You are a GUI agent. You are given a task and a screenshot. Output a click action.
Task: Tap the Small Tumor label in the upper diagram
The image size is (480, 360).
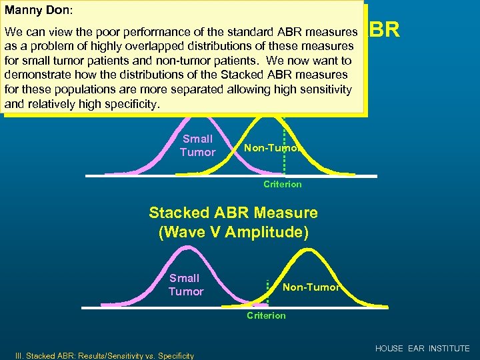click(x=197, y=145)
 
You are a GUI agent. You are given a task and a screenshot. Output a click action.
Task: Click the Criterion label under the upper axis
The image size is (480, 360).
click(x=283, y=184)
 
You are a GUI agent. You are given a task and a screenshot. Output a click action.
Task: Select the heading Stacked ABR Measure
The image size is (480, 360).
click(x=233, y=213)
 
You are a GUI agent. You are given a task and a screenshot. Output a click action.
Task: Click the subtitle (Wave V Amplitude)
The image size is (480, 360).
click(x=233, y=233)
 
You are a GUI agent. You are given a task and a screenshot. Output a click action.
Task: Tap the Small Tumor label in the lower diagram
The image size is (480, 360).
click(x=185, y=285)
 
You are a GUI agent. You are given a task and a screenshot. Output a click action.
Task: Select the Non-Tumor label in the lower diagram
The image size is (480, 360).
click(x=311, y=287)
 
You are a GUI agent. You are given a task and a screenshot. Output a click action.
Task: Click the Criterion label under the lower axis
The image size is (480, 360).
click(x=266, y=315)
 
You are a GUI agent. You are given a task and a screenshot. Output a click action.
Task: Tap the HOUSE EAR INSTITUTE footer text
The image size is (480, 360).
click(x=422, y=349)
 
